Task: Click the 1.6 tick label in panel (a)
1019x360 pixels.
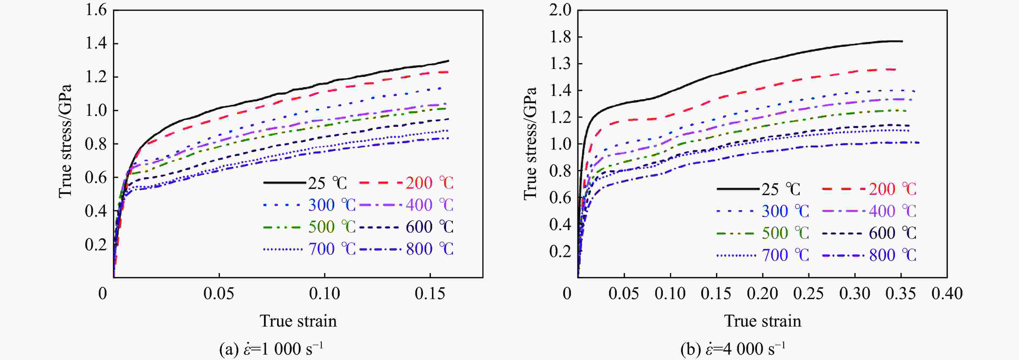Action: [96, 10]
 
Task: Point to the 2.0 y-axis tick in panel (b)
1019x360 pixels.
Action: [560, 10]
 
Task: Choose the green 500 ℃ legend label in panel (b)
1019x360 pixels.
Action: [786, 233]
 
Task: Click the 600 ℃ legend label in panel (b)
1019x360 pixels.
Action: [892, 233]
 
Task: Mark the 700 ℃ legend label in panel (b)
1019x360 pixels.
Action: [786, 255]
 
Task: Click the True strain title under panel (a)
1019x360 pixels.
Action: [298, 321]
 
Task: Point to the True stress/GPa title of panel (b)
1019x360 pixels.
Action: [530, 143]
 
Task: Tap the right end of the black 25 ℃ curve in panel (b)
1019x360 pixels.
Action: [902, 41]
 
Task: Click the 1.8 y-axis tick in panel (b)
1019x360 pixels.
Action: [560, 37]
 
